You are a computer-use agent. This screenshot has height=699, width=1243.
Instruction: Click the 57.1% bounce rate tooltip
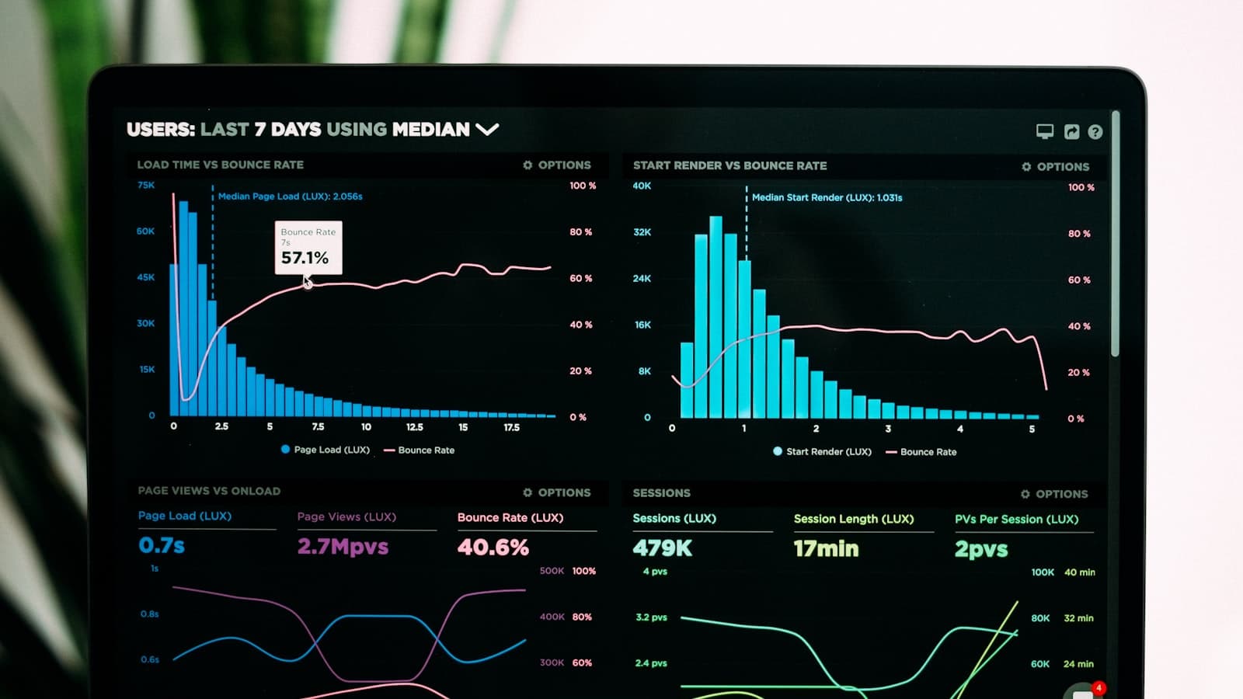pyautogui.click(x=308, y=248)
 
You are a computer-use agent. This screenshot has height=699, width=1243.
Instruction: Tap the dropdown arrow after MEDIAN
pyautogui.click(x=487, y=129)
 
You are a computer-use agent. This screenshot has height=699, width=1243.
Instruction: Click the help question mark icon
pyautogui.click(x=1095, y=132)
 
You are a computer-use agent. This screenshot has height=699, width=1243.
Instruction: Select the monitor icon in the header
pyautogui.click(x=1045, y=131)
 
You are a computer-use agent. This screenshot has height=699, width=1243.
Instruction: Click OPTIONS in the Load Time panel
pyautogui.click(x=557, y=165)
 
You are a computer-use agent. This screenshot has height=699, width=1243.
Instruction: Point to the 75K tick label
pyautogui.click(x=146, y=185)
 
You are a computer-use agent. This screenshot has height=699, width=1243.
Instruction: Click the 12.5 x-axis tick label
pyautogui.click(x=414, y=427)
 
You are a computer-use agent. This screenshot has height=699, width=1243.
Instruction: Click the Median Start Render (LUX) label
pyautogui.click(x=827, y=197)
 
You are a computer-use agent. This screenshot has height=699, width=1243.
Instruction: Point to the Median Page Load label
pyautogui.click(x=290, y=196)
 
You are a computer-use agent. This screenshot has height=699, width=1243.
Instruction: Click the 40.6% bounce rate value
pyautogui.click(x=493, y=547)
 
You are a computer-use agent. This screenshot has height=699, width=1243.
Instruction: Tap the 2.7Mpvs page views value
pyautogui.click(x=343, y=546)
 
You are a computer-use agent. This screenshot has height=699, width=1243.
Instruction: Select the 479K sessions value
pyautogui.click(x=662, y=548)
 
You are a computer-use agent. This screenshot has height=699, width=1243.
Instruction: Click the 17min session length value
pyautogui.click(x=826, y=548)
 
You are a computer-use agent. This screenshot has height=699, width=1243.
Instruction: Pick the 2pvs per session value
pyautogui.click(x=981, y=549)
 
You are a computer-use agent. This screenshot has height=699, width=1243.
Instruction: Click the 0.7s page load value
pyautogui.click(x=162, y=545)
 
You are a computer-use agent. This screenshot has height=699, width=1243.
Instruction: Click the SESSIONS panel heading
pyautogui.click(x=661, y=493)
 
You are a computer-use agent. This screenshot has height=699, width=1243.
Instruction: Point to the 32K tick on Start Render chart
pyautogui.click(x=642, y=232)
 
